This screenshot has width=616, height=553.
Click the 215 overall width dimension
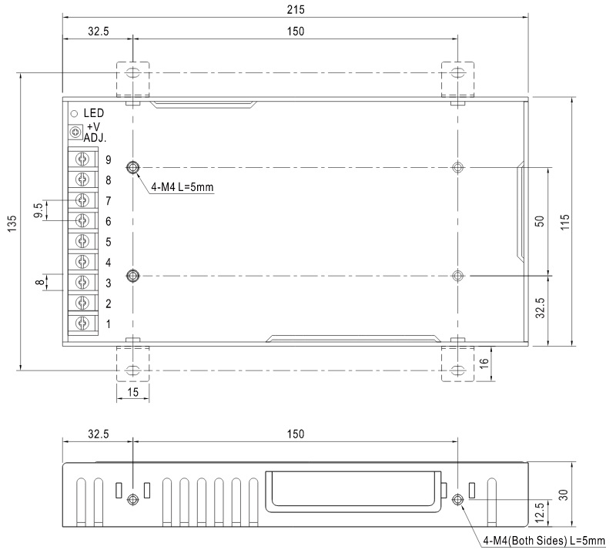pos(296,9)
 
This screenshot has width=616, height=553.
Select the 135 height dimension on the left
pos(12,223)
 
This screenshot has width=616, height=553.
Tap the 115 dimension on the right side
pos(564,223)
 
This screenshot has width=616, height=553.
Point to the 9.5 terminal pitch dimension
pos(38,210)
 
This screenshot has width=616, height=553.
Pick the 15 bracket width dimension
pos(132,392)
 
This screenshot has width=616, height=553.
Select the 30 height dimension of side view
pos(563,494)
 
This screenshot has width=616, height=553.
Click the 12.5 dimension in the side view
pos(540,512)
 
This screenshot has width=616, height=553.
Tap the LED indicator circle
pos(74,114)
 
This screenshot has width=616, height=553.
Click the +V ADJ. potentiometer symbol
pos(75,132)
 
